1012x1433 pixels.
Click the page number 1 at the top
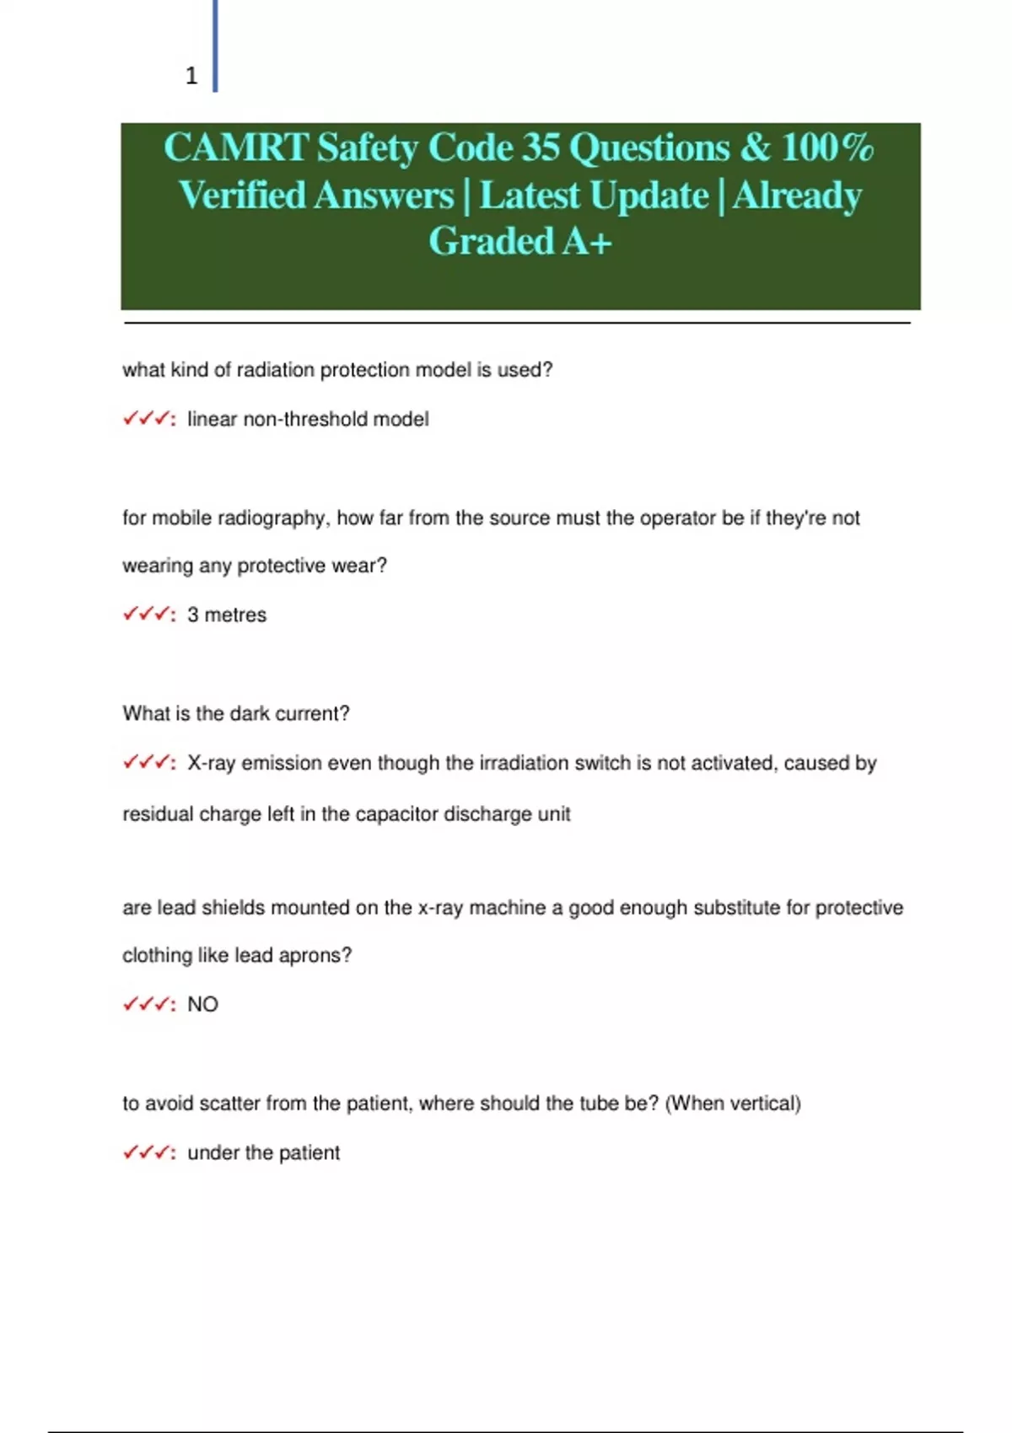(x=191, y=76)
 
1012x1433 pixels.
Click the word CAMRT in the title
(x=235, y=148)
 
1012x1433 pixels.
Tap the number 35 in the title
(x=540, y=148)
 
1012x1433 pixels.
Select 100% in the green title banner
(x=827, y=148)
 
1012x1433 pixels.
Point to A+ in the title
(x=587, y=241)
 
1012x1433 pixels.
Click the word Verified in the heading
(x=242, y=196)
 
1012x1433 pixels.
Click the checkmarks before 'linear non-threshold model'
(x=148, y=419)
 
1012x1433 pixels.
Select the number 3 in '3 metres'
(x=193, y=615)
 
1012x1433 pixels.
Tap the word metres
(x=235, y=615)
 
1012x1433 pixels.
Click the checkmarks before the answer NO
(x=148, y=1004)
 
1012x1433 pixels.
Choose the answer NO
(x=202, y=1004)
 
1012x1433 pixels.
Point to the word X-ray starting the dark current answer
(x=211, y=763)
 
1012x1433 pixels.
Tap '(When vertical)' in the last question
(x=733, y=1103)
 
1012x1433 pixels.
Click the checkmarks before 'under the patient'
(x=148, y=1152)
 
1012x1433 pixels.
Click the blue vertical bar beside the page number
(x=215, y=46)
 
